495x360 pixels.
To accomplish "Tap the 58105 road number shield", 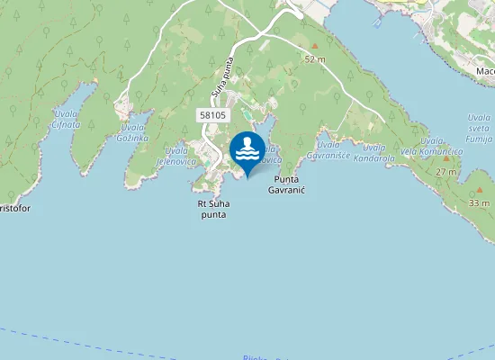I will tap(213, 115).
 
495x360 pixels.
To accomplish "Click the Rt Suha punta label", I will tap(213, 210).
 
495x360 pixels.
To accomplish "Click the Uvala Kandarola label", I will tap(373, 153).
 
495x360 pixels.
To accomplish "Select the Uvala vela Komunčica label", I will tap(436, 147).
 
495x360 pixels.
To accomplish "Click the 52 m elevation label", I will tap(314, 59).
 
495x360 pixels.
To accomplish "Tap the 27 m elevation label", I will tap(445, 172).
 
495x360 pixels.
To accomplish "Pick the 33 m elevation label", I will tap(479, 204).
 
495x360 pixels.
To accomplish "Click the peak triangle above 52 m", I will tap(314, 46).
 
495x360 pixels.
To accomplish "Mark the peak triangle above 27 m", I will tap(445, 159).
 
